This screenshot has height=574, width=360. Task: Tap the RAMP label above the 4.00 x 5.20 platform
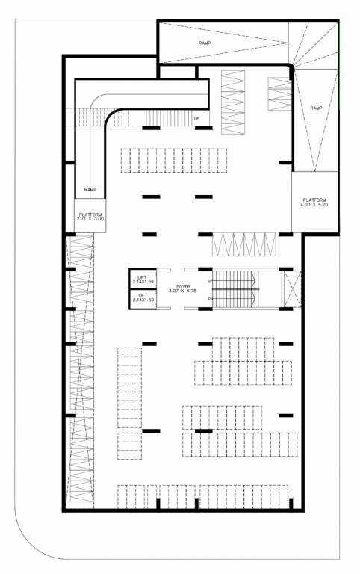316,108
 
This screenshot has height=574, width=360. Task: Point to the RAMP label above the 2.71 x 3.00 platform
90,189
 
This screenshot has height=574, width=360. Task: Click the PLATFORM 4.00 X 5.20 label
314,202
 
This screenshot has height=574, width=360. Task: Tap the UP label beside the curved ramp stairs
196,119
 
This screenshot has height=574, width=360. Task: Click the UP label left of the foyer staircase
210,280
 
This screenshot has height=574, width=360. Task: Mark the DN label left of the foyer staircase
210,299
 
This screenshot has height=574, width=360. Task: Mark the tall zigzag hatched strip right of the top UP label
233,101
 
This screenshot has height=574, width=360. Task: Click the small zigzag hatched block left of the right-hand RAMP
279,93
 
